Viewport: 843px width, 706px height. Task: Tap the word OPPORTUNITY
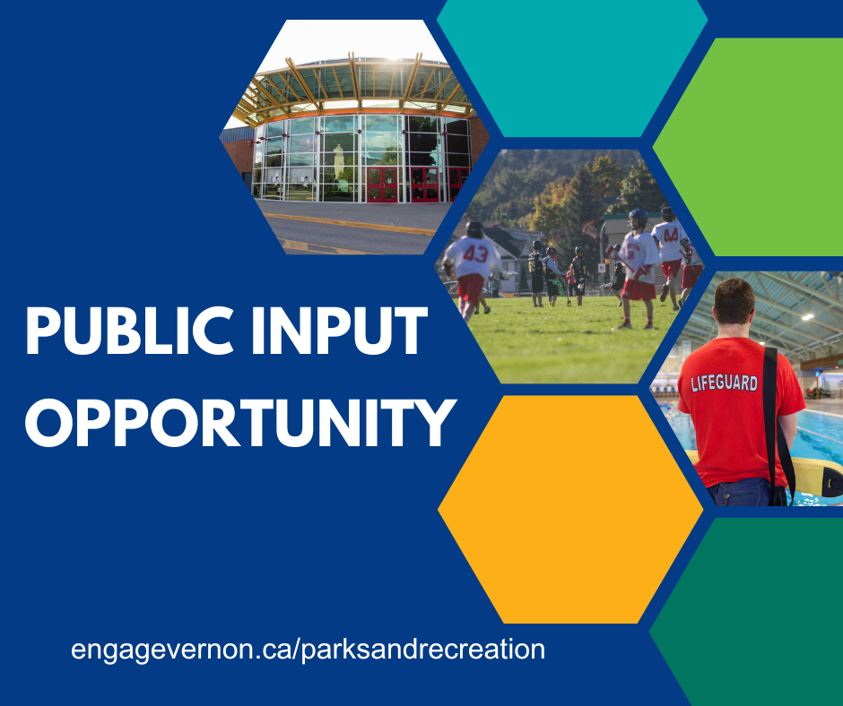[x=240, y=423]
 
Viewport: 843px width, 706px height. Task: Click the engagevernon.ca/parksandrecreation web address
[x=309, y=649]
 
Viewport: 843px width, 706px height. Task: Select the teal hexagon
[x=572, y=68]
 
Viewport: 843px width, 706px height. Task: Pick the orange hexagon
[x=570, y=510]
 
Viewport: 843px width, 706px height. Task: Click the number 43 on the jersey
[x=475, y=254]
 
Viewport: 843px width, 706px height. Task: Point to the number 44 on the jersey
[x=671, y=235]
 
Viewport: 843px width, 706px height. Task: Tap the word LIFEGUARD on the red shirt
[x=725, y=383]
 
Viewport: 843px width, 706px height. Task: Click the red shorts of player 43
[x=471, y=287]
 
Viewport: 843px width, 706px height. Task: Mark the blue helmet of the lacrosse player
[x=639, y=217]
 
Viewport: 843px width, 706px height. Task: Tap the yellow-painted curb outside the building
[x=350, y=223]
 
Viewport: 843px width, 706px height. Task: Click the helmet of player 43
[x=474, y=229]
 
